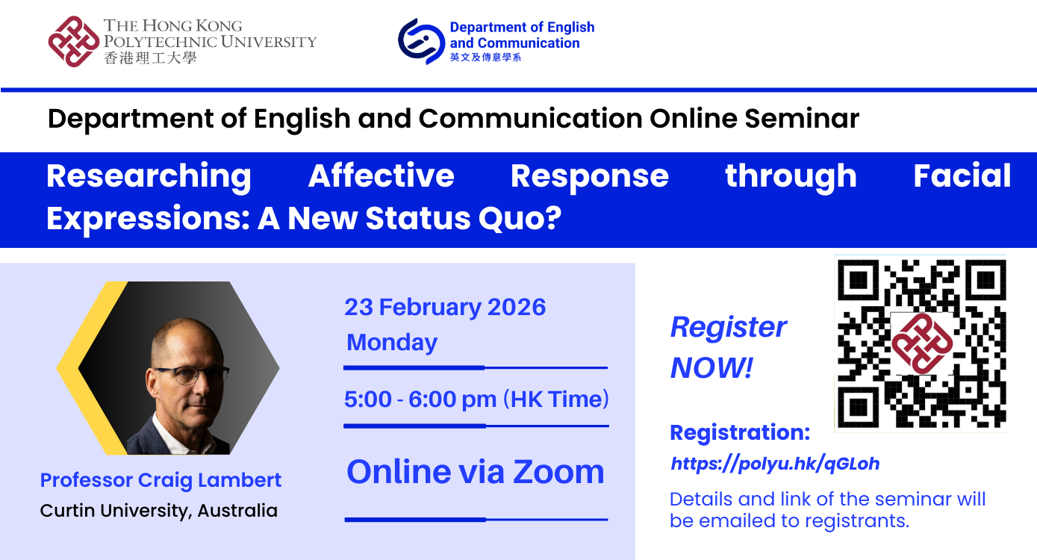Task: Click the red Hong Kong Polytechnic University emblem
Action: pyautogui.click(x=74, y=42)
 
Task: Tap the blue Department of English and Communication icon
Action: pyautogui.click(x=421, y=41)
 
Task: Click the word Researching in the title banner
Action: pyautogui.click(x=149, y=176)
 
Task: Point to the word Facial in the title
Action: pyautogui.click(x=962, y=176)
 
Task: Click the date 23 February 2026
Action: pyautogui.click(x=445, y=307)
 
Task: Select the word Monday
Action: pyautogui.click(x=392, y=342)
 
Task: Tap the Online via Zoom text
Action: pyautogui.click(x=476, y=472)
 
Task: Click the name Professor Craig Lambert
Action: pyautogui.click(x=161, y=480)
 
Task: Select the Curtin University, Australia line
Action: pyautogui.click(x=158, y=511)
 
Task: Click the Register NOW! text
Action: pyautogui.click(x=728, y=347)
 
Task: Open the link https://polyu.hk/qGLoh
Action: pyautogui.click(x=775, y=464)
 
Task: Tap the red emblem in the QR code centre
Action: pyautogui.click(x=922, y=343)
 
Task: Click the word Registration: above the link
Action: pyautogui.click(x=739, y=433)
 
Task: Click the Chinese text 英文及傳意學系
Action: pyautogui.click(x=485, y=57)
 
